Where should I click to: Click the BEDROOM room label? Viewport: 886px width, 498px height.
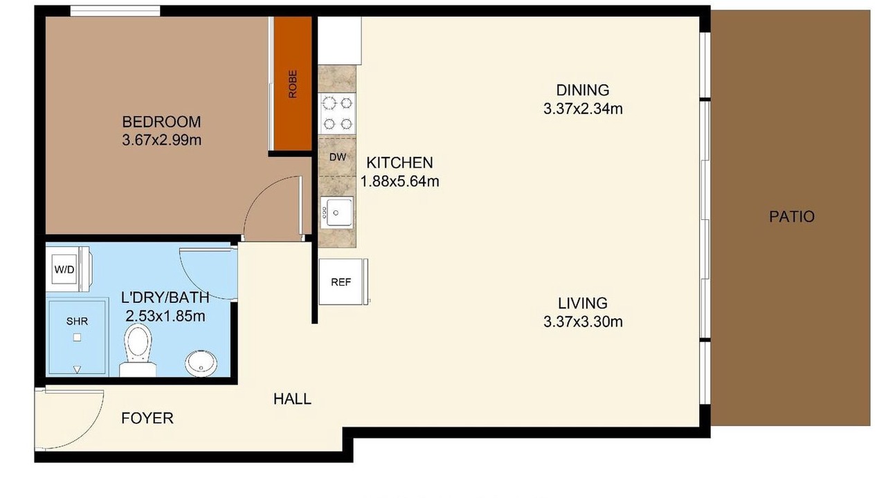[x=161, y=122]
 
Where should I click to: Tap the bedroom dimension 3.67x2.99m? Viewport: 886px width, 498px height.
[x=162, y=140]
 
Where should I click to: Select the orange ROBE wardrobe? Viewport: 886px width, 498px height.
[x=293, y=84]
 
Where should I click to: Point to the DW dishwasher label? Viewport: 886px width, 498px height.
[x=338, y=157]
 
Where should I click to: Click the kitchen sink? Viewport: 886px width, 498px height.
[x=337, y=212]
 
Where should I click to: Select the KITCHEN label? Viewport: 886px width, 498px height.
[x=399, y=163]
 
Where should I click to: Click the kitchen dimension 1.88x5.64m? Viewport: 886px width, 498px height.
[x=399, y=181]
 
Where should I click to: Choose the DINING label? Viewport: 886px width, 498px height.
[x=583, y=90]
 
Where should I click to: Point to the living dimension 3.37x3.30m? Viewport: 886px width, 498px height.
[x=583, y=322]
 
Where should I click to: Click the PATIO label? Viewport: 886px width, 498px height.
[x=792, y=216]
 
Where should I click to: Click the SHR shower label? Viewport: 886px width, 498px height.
[x=77, y=322]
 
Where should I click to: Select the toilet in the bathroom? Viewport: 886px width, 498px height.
[x=138, y=350]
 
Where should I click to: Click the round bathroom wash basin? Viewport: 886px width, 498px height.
[x=201, y=364]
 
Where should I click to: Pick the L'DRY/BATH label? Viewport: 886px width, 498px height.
[x=165, y=297]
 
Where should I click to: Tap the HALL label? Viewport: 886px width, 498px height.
[x=292, y=399]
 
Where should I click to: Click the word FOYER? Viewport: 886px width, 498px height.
[x=147, y=418]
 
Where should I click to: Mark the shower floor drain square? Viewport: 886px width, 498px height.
[x=78, y=338]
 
